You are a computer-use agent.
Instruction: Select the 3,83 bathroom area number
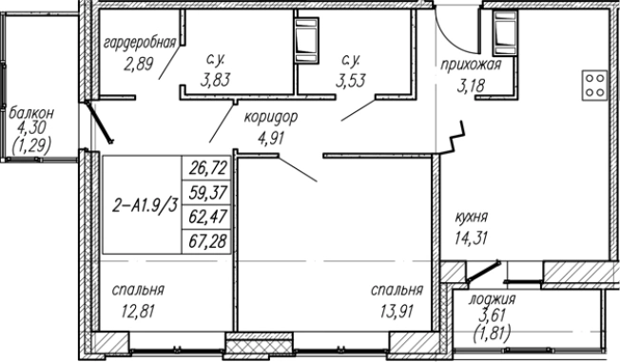pyautogui.click(x=214, y=80)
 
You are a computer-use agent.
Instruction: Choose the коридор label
pyautogui.click(x=272, y=118)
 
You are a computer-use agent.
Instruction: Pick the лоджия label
pyautogui.click(x=495, y=301)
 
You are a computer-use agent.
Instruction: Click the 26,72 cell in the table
pyautogui.click(x=206, y=170)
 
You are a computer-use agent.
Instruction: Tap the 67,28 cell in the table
pyautogui.click(x=206, y=239)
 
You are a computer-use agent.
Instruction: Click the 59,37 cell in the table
pyautogui.click(x=206, y=193)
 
